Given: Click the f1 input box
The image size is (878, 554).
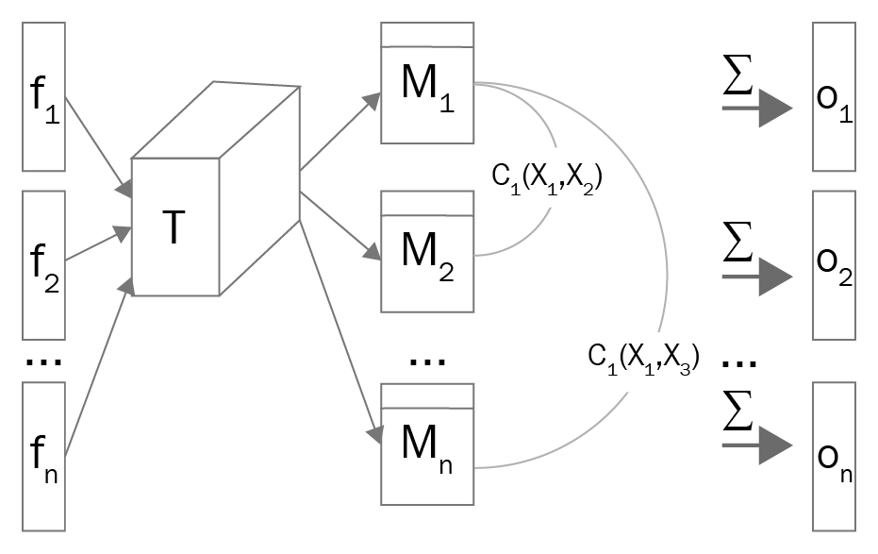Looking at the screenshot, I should [44, 96].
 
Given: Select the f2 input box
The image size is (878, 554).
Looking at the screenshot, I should [44, 264].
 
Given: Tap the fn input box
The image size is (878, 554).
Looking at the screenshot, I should [44, 456].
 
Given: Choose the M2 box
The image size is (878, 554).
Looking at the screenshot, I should [425, 252].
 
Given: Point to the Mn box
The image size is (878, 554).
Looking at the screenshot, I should [425, 443].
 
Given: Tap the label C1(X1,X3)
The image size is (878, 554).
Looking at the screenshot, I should [642, 358].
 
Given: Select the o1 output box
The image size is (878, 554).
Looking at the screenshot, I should [833, 96].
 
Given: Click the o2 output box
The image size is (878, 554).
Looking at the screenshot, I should [833, 264].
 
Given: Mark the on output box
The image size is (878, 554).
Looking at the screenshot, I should [833, 456].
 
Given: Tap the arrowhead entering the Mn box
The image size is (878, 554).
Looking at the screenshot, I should [374, 435].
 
